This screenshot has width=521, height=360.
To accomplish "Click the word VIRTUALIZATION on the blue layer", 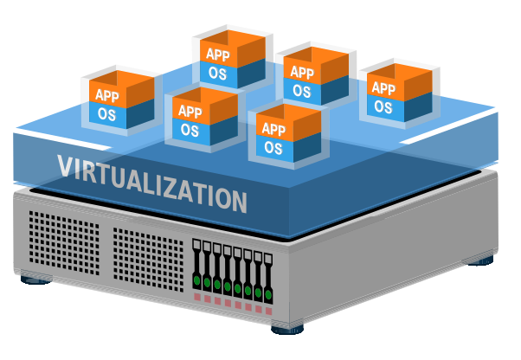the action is (x=152, y=183).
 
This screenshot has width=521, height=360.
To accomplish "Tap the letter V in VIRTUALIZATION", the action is (x=65, y=165).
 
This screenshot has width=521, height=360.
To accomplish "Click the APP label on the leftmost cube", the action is (x=107, y=95).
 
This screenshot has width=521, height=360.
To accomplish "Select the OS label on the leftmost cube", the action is (x=106, y=114).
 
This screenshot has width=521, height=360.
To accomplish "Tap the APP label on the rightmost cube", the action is (x=383, y=88).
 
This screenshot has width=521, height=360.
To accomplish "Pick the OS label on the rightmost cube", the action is (x=383, y=107).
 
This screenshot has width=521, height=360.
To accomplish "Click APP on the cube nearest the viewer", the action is (x=273, y=129).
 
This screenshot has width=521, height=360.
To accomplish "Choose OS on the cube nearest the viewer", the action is (x=273, y=148).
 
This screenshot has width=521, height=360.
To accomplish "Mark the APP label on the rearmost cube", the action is (x=218, y=55).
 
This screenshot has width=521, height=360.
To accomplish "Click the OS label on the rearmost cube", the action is (x=217, y=74).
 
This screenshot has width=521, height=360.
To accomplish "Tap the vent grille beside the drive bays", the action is (x=148, y=260).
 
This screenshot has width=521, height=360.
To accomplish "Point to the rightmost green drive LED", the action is (x=268, y=294).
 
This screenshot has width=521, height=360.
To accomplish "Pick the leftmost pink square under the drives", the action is (x=197, y=297).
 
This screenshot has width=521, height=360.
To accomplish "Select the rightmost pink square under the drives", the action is (x=269, y=312).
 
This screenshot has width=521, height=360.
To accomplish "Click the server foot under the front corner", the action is (x=287, y=330).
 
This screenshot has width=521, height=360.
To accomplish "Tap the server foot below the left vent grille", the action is (x=35, y=280).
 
